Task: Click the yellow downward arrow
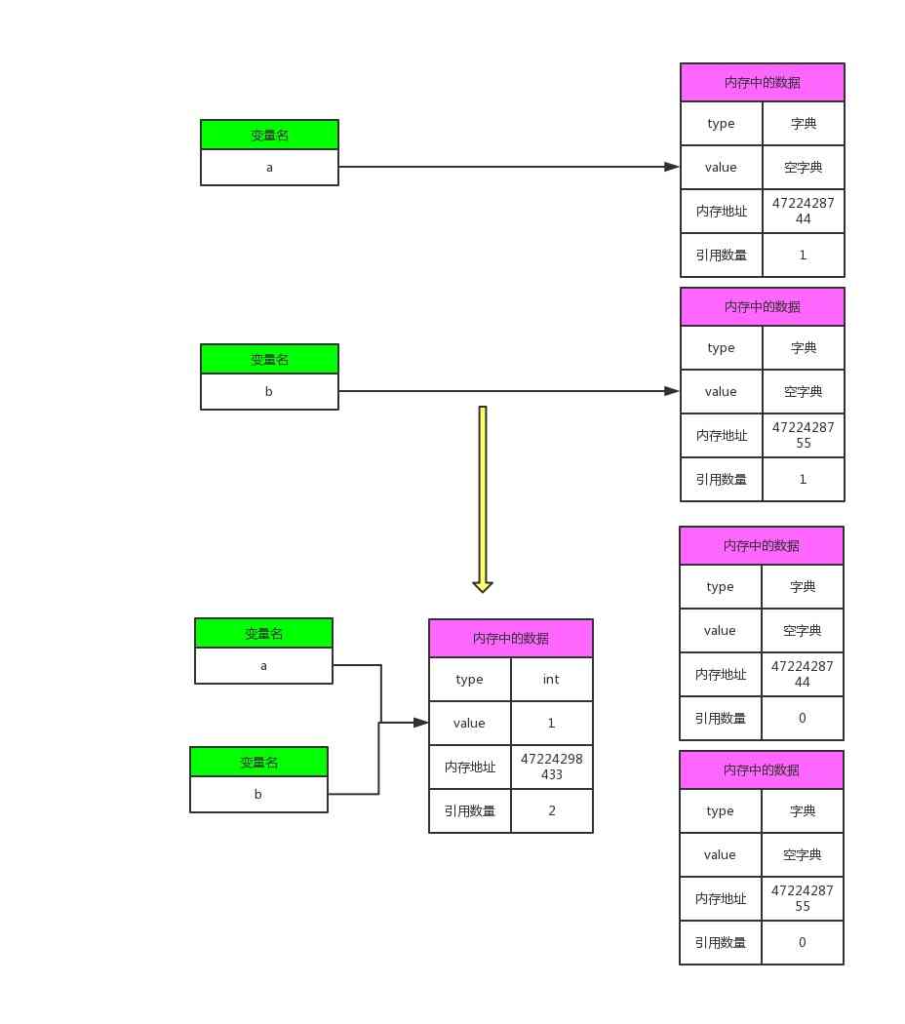482,497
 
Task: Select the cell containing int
551,679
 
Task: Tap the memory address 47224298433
551,767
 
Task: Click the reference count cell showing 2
551,810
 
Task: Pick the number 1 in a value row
551,723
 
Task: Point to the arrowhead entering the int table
420,723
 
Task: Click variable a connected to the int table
263,665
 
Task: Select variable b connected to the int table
258,794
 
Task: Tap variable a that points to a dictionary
269,167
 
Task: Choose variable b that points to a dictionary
269,391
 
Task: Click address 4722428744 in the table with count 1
803,211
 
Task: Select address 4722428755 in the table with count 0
802,898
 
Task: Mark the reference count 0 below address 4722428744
802,718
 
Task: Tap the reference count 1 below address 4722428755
803,479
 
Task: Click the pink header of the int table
510,638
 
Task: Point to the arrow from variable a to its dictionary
507,167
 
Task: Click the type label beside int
469,679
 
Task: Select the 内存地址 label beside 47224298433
469,767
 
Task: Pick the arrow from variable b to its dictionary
507,391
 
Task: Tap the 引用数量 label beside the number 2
469,810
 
